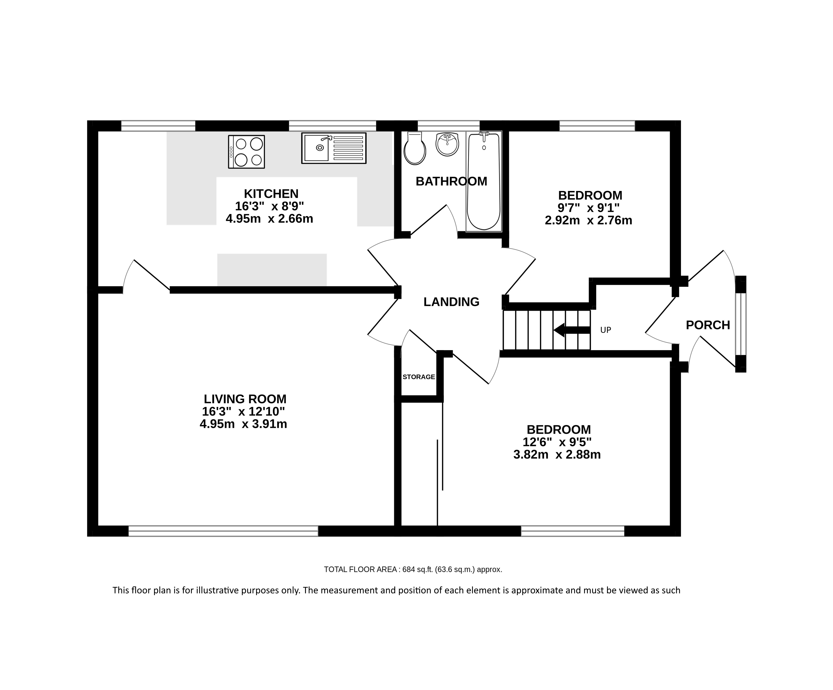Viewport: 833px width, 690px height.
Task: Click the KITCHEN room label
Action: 271,194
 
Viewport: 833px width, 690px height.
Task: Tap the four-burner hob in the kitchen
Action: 246,152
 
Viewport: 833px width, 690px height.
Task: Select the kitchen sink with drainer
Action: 333,148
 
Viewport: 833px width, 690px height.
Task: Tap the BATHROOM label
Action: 451,181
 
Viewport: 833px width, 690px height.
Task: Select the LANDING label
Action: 451,302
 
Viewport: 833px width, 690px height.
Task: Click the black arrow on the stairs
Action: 571,330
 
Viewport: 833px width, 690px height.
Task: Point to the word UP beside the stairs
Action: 606,330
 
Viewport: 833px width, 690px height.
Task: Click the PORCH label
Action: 708,325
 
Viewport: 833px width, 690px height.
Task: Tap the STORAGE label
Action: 419,377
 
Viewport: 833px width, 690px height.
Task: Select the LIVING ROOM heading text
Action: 245,399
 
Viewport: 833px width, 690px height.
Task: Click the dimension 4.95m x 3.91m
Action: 243,424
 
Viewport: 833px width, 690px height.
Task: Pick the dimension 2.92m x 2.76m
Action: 588,220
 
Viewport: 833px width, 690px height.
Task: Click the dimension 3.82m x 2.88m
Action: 557,454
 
